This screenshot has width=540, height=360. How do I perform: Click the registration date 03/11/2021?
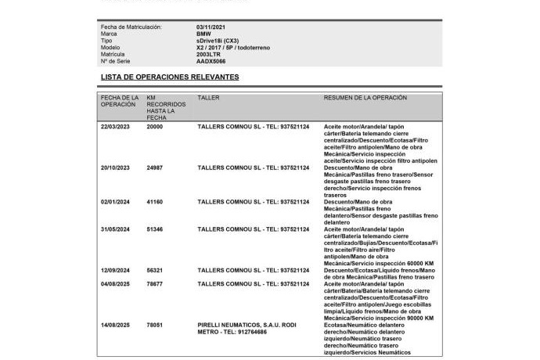[x=212, y=27]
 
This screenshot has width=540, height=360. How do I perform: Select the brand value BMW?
[x=203, y=34]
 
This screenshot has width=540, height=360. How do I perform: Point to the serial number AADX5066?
[x=211, y=61]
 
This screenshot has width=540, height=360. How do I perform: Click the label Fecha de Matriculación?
[x=131, y=27]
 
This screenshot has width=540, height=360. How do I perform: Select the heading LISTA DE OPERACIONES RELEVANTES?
[x=170, y=77]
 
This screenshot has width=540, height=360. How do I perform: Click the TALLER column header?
[x=208, y=98]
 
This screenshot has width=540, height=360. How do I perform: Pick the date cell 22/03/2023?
[x=115, y=126]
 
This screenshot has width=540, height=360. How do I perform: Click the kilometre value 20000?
[x=155, y=126]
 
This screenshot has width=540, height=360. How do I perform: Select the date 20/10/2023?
[x=115, y=167]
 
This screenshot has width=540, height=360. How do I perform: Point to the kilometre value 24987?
[x=155, y=167]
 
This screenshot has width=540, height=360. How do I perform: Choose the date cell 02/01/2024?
[x=115, y=202]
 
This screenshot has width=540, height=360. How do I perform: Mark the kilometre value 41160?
[x=155, y=202]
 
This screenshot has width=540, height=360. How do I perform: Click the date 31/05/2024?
[x=115, y=229]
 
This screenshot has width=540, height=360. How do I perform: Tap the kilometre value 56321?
[x=155, y=270]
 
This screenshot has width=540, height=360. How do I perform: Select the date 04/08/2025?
[x=115, y=284]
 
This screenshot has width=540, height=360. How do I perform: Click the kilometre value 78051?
[x=155, y=325]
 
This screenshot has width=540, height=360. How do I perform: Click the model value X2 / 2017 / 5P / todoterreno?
[x=233, y=47]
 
